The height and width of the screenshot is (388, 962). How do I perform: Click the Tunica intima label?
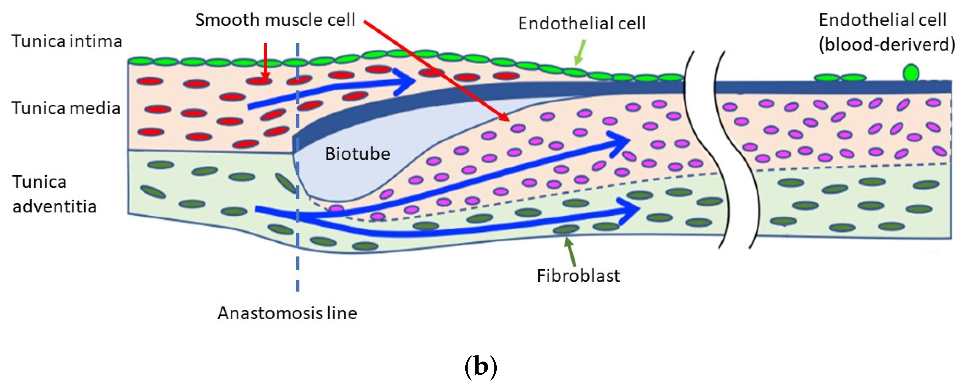(67, 41)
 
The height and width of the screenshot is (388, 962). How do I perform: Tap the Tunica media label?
(66, 108)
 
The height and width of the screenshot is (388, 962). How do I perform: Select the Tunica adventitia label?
(54, 194)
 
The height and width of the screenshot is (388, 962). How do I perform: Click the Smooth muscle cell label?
(275, 20)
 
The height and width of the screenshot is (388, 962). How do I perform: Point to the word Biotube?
(357, 154)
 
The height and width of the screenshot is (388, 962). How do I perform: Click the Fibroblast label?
(578, 276)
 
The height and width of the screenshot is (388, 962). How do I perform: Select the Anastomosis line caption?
(287, 313)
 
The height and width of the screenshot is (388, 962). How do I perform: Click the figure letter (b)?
(481, 367)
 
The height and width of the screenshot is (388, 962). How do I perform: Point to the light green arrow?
(580, 52)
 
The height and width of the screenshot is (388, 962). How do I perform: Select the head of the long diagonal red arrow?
(504, 117)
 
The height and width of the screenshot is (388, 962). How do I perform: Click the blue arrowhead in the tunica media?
(405, 81)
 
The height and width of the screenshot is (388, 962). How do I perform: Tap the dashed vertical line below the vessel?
(298, 269)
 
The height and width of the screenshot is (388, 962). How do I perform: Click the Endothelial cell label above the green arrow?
(582, 24)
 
